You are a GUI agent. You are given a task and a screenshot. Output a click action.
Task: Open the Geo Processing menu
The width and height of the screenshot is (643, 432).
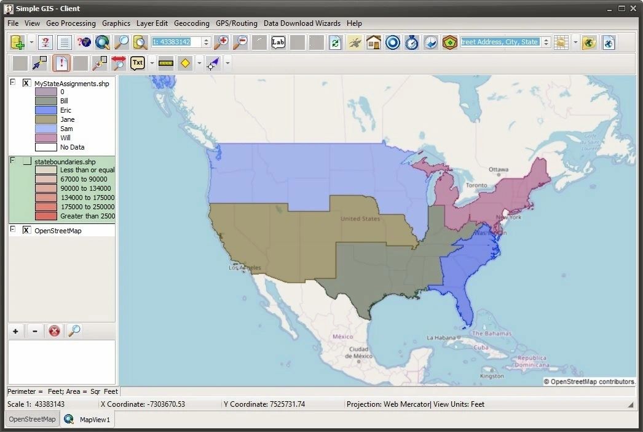(71, 23)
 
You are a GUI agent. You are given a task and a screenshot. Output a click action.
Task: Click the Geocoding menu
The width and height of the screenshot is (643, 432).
(191, 23)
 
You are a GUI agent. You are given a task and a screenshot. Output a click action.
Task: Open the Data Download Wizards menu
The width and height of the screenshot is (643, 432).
(302, 23)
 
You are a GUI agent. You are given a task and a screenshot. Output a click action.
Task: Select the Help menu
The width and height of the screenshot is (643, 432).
(354, 23)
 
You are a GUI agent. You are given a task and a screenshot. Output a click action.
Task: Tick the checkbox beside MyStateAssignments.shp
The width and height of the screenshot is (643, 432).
(26, 83)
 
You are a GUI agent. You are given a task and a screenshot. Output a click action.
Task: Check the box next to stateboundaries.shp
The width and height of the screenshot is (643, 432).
(26, 161)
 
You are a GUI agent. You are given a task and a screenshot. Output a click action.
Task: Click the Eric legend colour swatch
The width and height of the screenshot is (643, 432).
(45, 110)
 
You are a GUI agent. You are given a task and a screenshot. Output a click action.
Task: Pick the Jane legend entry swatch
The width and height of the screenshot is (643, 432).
(45, 119)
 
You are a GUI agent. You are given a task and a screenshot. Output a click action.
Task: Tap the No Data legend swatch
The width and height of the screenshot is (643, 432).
(45, 147)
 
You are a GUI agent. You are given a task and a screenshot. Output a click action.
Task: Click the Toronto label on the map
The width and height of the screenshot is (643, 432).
(476, 185)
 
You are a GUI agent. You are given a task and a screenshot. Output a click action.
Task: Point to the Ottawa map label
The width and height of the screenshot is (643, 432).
(499, 170)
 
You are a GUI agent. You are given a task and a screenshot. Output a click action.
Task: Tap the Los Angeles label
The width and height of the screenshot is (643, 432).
(245, 268)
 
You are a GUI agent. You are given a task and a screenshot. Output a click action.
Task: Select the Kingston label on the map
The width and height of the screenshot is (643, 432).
(492, 375)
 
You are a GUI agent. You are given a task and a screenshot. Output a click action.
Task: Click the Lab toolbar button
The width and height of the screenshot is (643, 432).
(278, 42)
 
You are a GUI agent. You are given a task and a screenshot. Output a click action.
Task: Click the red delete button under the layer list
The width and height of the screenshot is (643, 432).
(54, 331)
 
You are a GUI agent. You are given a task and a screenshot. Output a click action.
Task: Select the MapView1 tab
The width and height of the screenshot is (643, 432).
(94, 420)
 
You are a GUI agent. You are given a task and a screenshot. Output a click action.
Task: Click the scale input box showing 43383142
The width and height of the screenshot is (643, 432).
(176, 42)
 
